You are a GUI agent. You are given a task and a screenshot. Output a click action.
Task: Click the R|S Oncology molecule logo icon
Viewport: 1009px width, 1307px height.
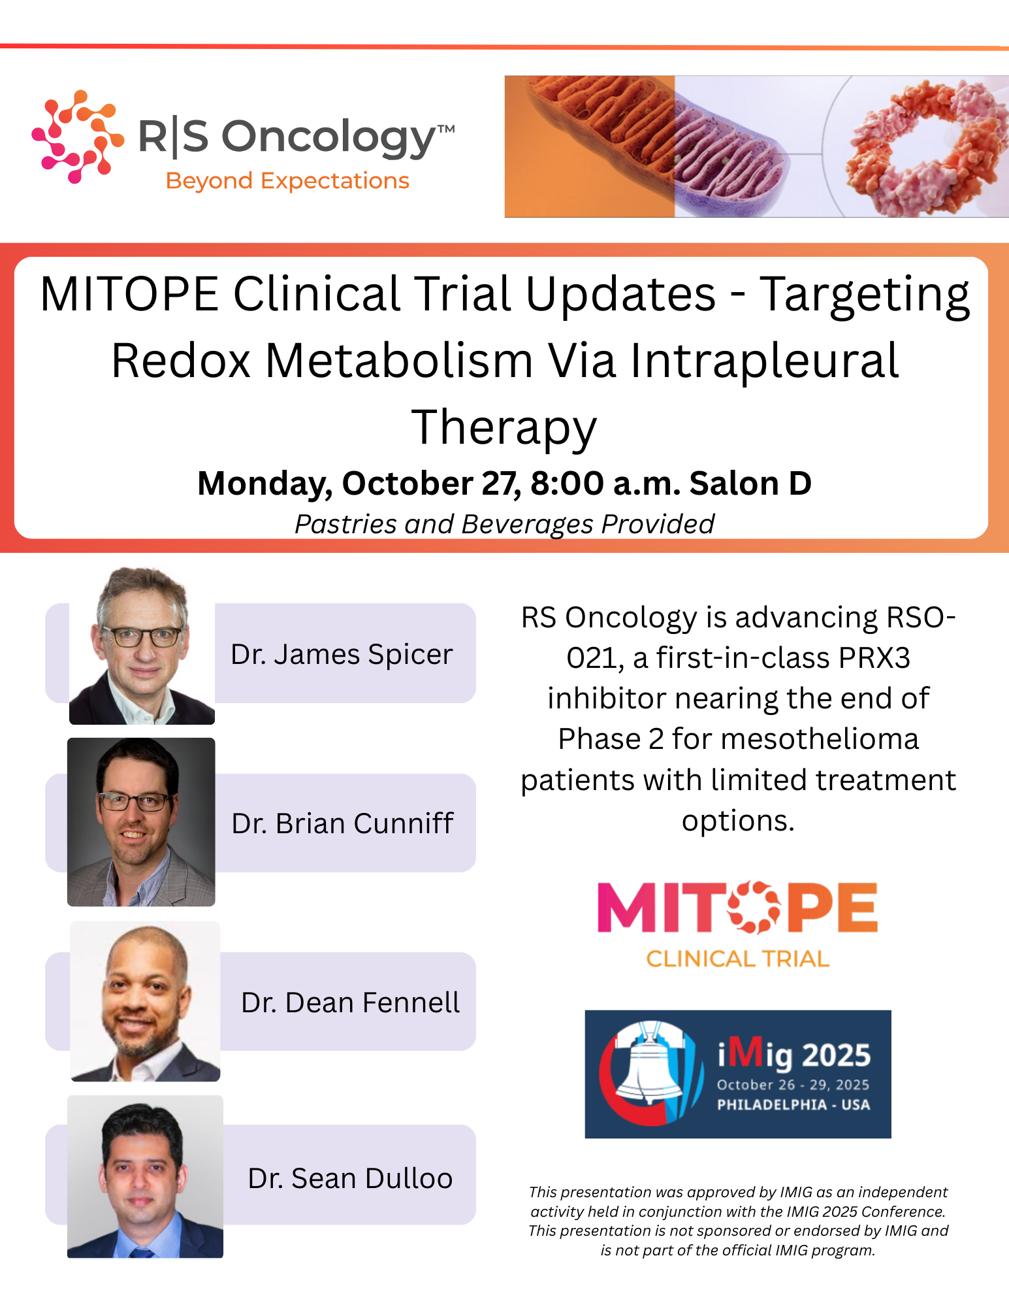click(78, 136)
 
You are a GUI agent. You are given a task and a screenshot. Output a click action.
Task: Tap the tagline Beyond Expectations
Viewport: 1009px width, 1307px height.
click(287, 181)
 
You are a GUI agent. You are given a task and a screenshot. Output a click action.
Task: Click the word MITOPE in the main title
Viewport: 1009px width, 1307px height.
click(129, 294)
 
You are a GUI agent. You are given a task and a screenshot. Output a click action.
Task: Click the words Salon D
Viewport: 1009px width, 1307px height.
click(750, 484)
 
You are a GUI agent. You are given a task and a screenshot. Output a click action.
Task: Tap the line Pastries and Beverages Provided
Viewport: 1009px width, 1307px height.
click(504, 524)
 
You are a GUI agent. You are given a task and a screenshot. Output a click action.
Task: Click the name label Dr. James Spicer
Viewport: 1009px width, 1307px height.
click(342, 654)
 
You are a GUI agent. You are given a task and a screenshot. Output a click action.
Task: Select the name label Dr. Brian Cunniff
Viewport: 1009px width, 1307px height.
click(342, 823)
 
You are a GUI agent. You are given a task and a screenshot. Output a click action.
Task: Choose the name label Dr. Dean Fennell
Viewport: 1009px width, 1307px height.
click(351, 1002)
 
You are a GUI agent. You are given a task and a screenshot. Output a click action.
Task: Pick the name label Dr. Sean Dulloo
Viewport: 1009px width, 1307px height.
click(351, 1178)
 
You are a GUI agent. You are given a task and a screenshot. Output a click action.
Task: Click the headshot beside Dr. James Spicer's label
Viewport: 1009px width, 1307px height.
click(142, 646)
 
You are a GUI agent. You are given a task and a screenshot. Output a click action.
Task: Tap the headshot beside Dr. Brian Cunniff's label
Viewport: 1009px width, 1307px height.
click(141, 822)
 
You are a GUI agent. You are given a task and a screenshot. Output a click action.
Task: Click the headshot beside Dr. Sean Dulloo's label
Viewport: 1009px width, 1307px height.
click(145, 1176)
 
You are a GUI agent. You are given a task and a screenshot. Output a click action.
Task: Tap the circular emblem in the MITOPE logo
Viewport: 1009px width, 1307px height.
click(754, 907)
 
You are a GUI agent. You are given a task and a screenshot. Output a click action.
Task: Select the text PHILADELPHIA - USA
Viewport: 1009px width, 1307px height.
click(793, 1104)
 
